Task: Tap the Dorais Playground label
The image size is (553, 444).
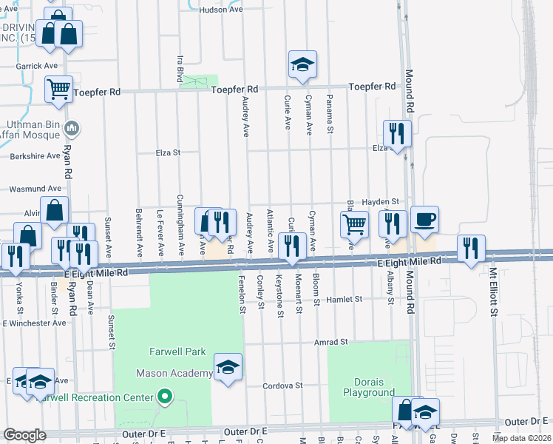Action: [x=369, y=387]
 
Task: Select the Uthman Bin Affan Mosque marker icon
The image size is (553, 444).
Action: [x=72, y=129]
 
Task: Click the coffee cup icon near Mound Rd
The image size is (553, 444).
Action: [x=424, y=219]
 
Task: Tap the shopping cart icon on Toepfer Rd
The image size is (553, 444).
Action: [x=58, y=89]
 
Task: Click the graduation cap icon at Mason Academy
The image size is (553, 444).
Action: [x=228, y=367]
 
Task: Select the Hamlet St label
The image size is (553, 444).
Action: [x=347, y=300]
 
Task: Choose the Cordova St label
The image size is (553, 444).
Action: [x=284, y=386]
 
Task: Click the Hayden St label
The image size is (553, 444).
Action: [x=384, y=201]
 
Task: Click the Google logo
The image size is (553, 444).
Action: [x=25, y=435]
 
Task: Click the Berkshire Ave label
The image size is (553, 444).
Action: [x=35, y=157]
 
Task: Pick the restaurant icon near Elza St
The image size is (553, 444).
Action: [x=397, y=134]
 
